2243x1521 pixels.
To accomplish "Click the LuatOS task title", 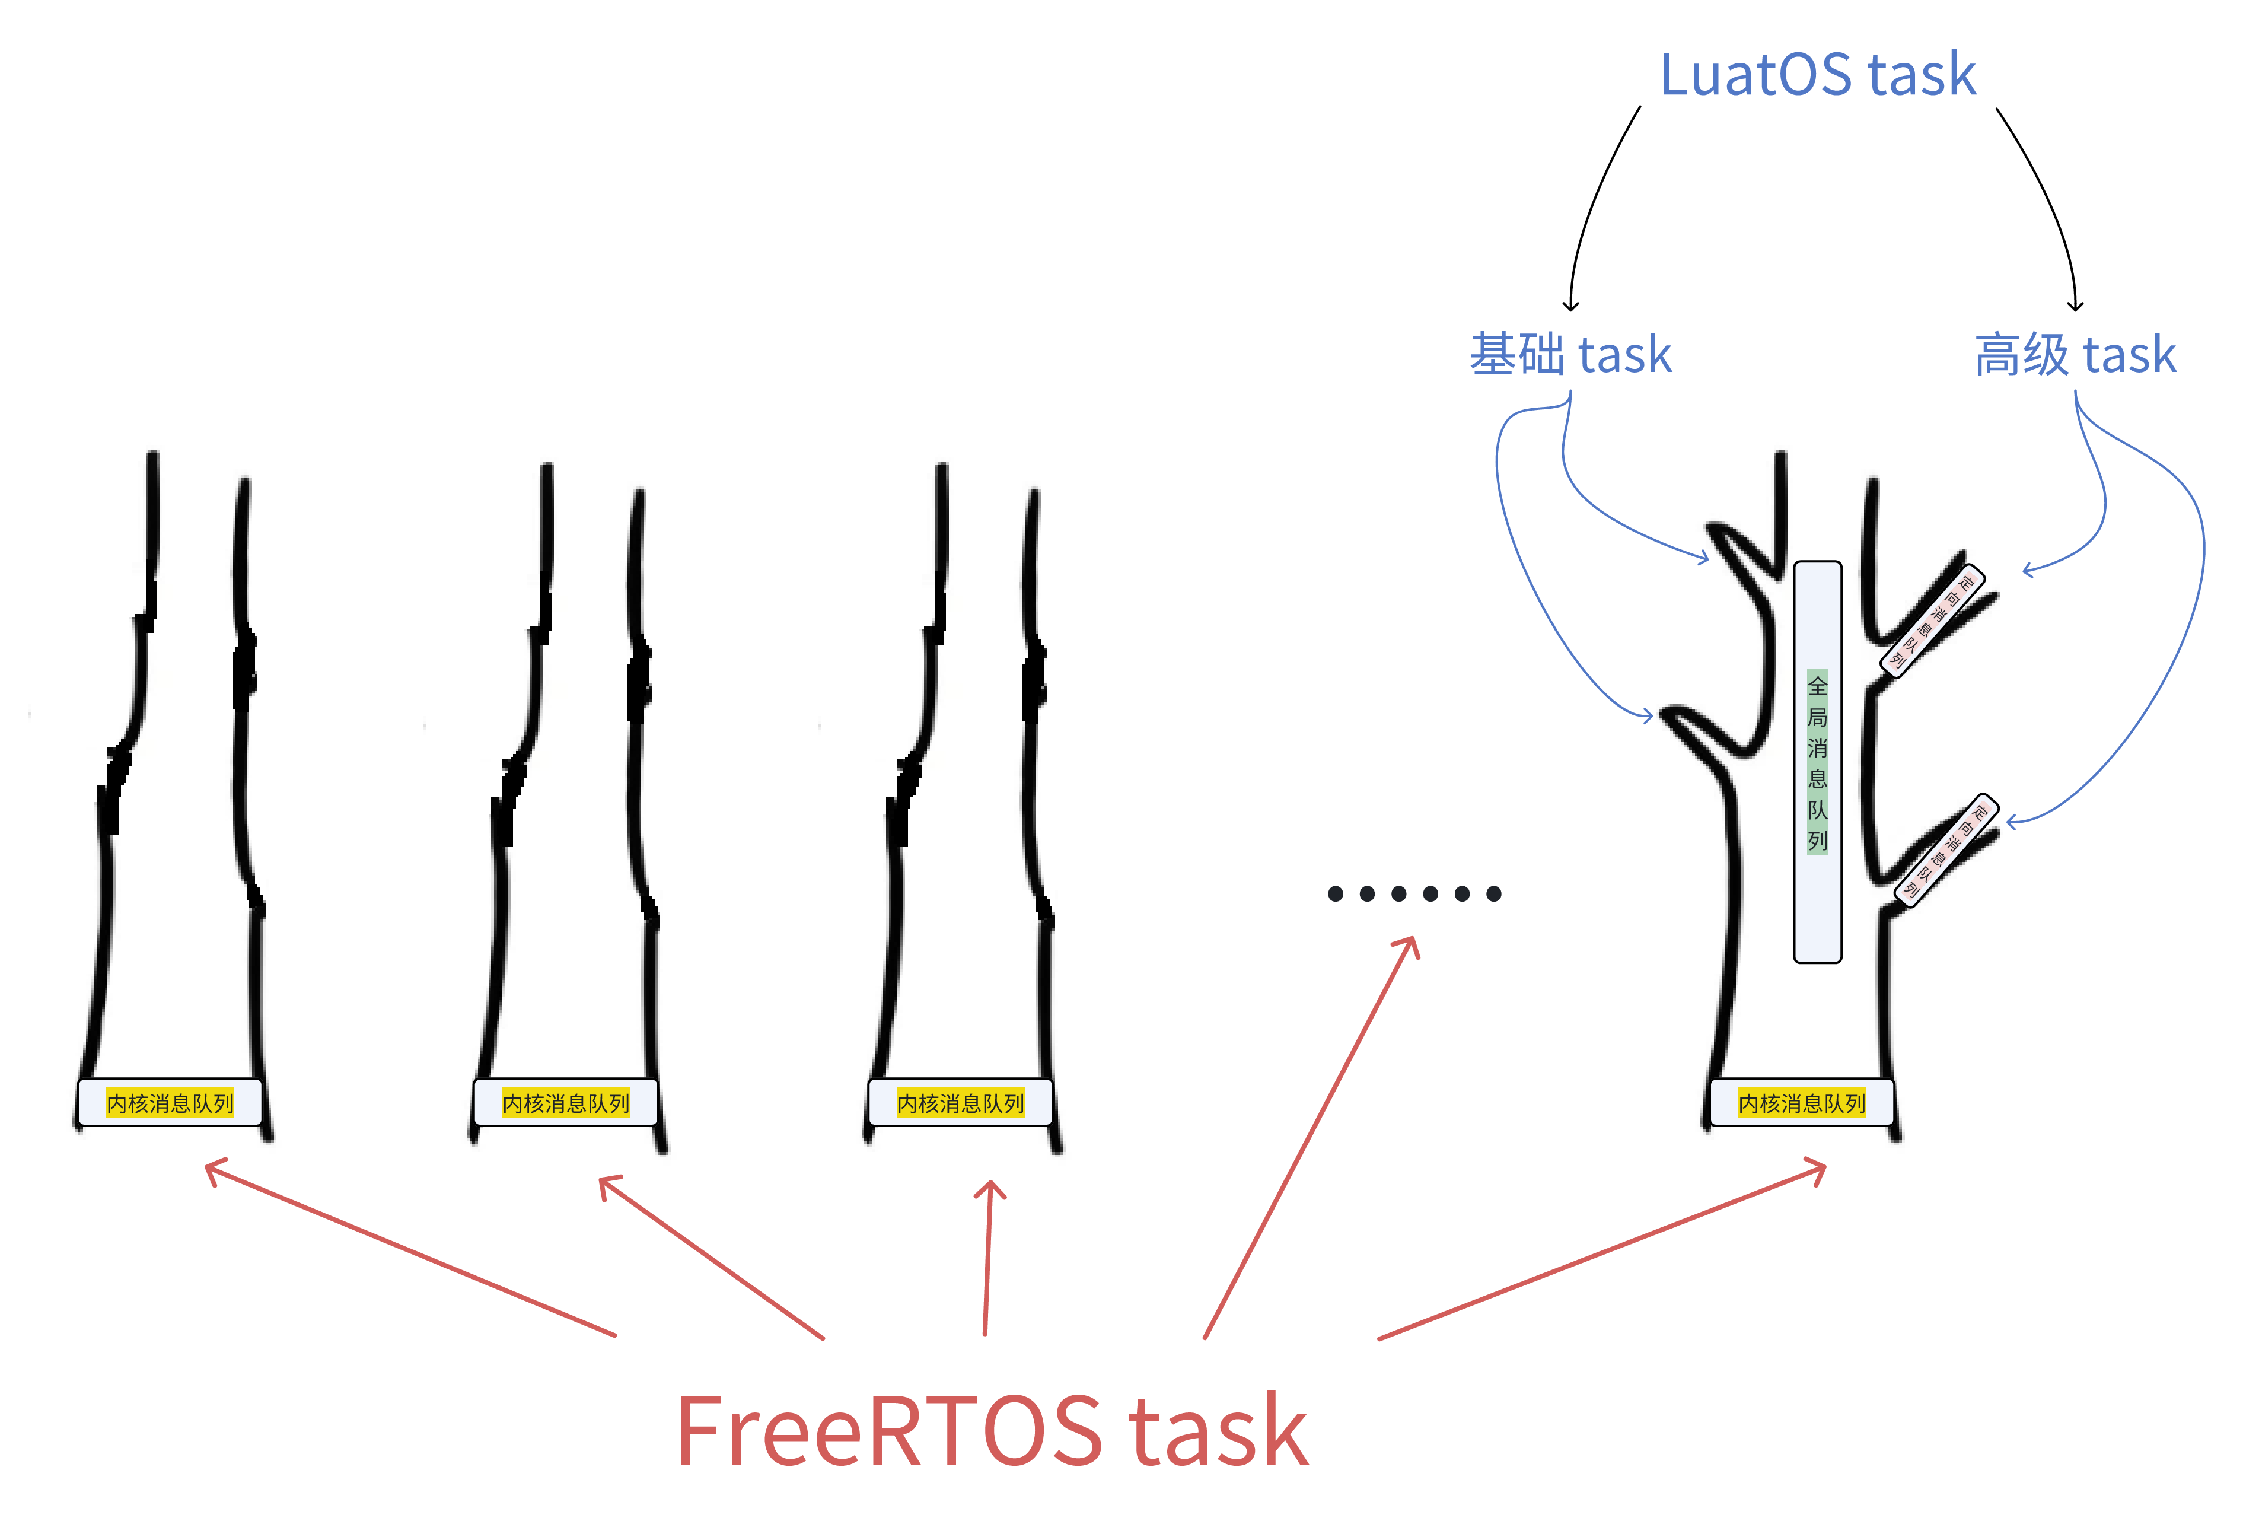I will [1817, 75].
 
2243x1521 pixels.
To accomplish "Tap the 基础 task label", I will [1570, 354].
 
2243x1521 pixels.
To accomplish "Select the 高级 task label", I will [2075, 354].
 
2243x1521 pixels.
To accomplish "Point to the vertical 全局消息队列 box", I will [1817, 762].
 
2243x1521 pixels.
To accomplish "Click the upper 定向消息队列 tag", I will [1933, 619].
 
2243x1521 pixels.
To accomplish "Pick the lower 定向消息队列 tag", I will [1946, 849].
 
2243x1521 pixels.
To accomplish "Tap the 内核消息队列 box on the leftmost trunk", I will [170, 1102].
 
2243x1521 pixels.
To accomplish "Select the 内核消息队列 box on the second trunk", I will [566, 1102].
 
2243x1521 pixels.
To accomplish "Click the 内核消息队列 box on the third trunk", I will [960, 1102].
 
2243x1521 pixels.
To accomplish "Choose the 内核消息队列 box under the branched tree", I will [1802, 1102].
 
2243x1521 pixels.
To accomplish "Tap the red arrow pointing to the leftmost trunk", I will [410, 1250].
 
